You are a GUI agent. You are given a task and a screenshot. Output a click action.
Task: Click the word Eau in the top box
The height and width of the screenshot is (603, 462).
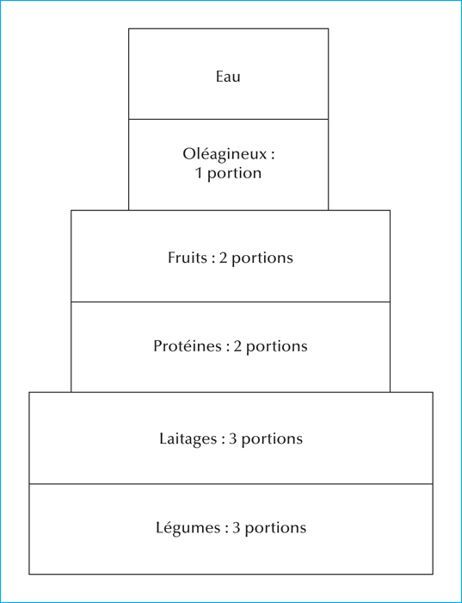click(x=228, y=76)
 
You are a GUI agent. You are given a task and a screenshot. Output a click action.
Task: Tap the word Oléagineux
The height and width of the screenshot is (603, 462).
click(x=225, y=155)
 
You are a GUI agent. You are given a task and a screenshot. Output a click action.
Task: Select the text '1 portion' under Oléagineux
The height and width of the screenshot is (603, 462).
click(x=229, y=173)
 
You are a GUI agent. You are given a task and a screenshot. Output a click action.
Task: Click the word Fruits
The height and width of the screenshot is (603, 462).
click(x=187, y=258)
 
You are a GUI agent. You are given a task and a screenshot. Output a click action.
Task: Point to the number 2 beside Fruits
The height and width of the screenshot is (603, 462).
click(x=223, y=258)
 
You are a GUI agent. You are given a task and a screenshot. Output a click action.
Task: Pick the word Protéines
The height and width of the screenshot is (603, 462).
click(x=188, y=346)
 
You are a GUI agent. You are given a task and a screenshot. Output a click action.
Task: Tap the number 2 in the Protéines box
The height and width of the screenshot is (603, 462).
click(x=237, y=346)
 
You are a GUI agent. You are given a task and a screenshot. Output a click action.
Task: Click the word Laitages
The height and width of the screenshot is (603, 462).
click(x=188, y=439)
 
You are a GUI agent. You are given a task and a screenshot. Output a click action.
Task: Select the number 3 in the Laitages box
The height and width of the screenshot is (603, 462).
click(x=233, y=438)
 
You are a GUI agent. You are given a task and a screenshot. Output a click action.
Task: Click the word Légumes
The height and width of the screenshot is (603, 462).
click(x=188, y=527)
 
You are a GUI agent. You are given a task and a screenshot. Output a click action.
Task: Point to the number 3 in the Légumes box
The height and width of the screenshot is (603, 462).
click(x=237, y=527)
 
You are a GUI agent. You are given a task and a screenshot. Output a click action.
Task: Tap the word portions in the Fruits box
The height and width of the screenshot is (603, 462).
click(x=262, y=258)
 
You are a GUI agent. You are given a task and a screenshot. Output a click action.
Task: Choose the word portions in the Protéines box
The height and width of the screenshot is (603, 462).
click(x=277, y=347)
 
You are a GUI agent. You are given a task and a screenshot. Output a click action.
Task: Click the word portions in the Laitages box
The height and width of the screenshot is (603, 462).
click(x=272, y=439)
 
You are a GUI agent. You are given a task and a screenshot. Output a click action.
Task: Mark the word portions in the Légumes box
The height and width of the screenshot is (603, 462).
click(x=276, y=528)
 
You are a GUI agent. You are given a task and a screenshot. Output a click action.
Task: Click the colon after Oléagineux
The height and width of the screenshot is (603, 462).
click(x=273, y=156)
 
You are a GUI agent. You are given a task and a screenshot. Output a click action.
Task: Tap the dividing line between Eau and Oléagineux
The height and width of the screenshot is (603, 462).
click(x=229, y=119)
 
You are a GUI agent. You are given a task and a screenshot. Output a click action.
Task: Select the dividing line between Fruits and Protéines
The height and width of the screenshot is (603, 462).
click(x=231, y=301)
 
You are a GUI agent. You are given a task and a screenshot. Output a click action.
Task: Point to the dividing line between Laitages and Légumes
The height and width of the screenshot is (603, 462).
click(x=231, y=484)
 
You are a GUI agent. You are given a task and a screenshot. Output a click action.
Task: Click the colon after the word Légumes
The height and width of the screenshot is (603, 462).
click(x=226, y=529)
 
